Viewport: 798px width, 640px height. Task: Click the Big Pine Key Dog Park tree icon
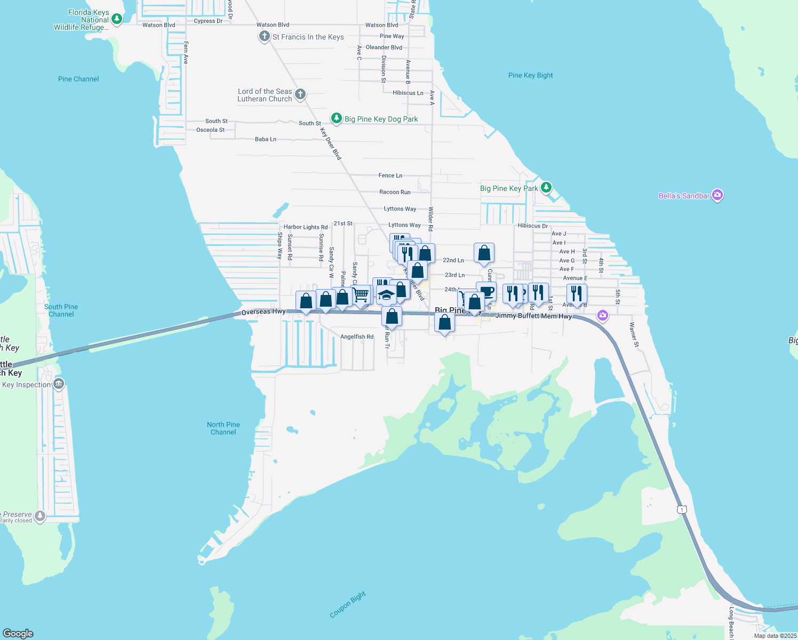tap(336, 118)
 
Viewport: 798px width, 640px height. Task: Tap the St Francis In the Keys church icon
tap(264, 36)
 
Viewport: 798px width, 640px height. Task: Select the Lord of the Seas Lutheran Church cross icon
tap(300, 95)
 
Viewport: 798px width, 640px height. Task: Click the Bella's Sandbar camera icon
tap(717, 195)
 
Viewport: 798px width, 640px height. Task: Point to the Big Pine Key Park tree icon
tap(546, 187)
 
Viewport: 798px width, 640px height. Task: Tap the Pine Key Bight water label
tap(530, 75)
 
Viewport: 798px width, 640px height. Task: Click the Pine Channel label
tap(78, 79)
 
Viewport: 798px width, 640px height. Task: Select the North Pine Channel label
tap(224, 428)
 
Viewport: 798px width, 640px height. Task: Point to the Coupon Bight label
tap(348, 604)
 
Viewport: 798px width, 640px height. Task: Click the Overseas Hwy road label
tap(264, 311)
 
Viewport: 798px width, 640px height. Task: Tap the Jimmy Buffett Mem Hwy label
tap(533, 316)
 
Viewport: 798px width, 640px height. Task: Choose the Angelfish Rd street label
tap(357, 337)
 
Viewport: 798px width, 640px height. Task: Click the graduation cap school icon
tap(386, 294)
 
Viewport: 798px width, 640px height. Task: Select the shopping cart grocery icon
tap(362, 294)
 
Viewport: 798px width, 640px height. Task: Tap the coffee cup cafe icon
tap(487, 291)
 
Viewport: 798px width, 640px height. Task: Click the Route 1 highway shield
tap(682, 509)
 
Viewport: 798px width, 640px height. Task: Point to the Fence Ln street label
tap(390, 175)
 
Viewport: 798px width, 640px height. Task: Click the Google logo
tap(18, 633)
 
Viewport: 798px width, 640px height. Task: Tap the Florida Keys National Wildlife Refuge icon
tap(116, 19)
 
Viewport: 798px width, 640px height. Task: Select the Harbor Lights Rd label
tap(306, 227)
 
